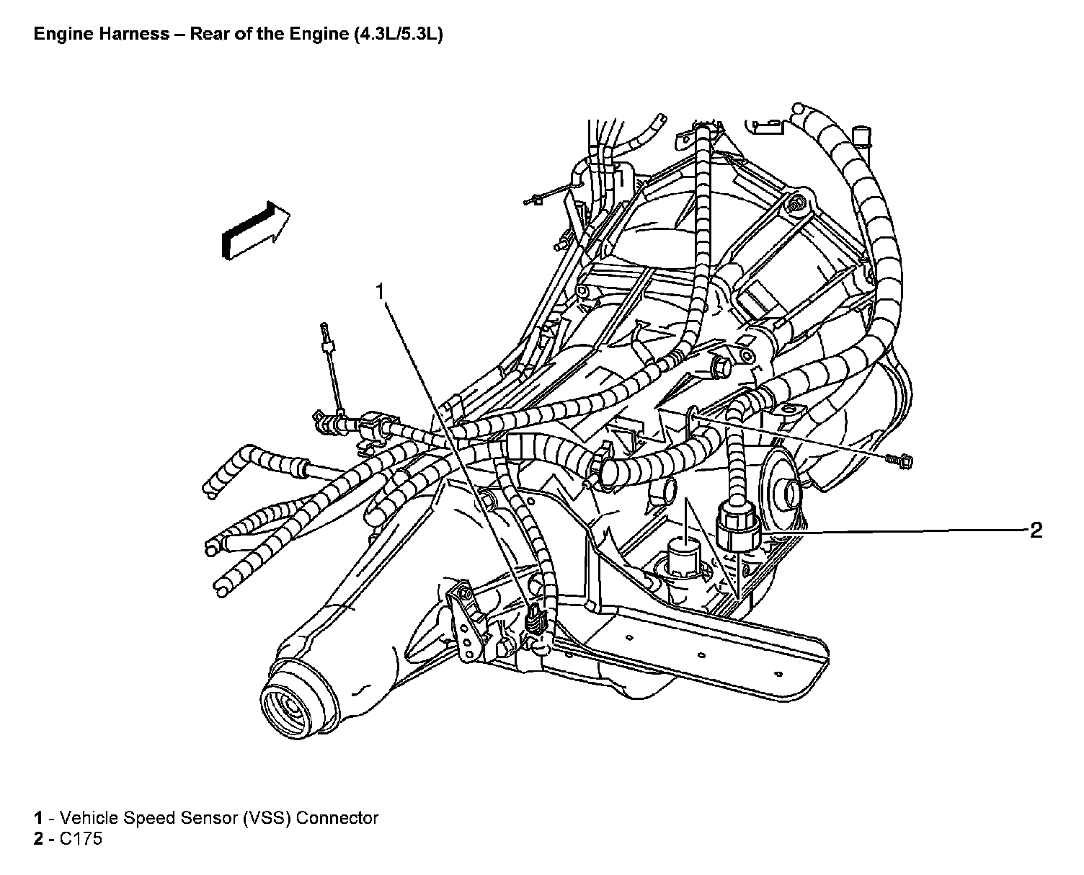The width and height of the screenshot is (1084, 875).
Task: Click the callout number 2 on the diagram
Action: click(x=1036, y=531)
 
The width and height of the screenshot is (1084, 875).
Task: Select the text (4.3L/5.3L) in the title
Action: click(x=397, y=35)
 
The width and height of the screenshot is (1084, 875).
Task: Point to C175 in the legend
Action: click(x=82, y=839)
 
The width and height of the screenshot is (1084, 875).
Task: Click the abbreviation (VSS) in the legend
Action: click(x=267, y=818)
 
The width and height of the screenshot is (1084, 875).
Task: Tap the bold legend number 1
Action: click(x=38, y=818)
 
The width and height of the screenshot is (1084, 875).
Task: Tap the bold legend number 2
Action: click(x=38, y=839)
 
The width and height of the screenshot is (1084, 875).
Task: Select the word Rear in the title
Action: click(x=209, y=35)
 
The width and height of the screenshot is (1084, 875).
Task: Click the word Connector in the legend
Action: click(x=337, y=818)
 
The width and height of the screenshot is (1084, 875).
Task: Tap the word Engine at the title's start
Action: click(x=61, y=35)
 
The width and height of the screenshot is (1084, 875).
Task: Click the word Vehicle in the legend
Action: click(x=89, y=818)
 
